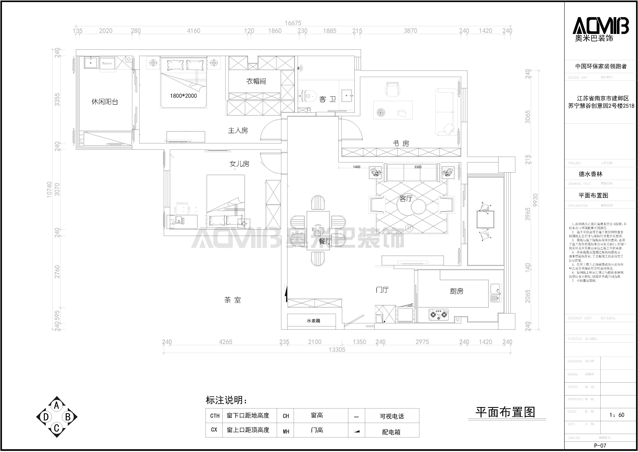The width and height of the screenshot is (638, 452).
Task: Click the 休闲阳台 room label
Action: pyautogui.click(x=105, y=102)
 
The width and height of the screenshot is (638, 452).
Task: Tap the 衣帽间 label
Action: pyautogui.click(x=256, y=81)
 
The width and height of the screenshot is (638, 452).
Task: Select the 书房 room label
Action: pyautogui.click(x=401, y=143)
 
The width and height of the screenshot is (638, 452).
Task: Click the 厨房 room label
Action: pyautogui.click(x=457, y=291)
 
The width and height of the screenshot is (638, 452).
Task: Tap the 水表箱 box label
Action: pyautogui.click(x=313, y=321)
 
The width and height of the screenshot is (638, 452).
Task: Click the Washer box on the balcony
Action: pyautogui.click(x=107, y=63)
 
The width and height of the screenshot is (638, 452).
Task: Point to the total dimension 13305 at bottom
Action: pyautogui.click(x=337, y=350)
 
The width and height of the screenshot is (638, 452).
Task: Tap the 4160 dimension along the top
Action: pyautogui.click(x=193, y=31)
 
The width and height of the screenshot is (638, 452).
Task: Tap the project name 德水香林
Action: pyautogui.click(x=591, y=174)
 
